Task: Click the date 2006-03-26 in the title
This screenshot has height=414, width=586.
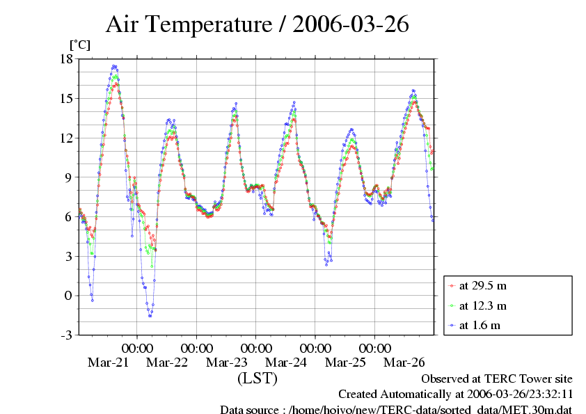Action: [350, 25]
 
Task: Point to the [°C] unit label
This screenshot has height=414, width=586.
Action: [79, 45]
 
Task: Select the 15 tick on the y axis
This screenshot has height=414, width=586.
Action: [66, 98]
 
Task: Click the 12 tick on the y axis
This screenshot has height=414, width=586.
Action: [66, 138]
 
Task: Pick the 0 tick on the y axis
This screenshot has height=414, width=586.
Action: [69, 296]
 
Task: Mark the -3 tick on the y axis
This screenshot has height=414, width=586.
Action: [66, 335]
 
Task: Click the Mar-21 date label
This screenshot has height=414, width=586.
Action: [107, 363]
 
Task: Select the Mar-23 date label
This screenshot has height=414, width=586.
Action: [226, 363]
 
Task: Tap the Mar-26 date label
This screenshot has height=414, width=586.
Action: [404, 363]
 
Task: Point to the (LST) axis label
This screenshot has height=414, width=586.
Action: [257, 379]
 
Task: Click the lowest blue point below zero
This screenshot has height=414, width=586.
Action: [150, 316]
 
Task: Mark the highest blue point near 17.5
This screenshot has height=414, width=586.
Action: [114, 66]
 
